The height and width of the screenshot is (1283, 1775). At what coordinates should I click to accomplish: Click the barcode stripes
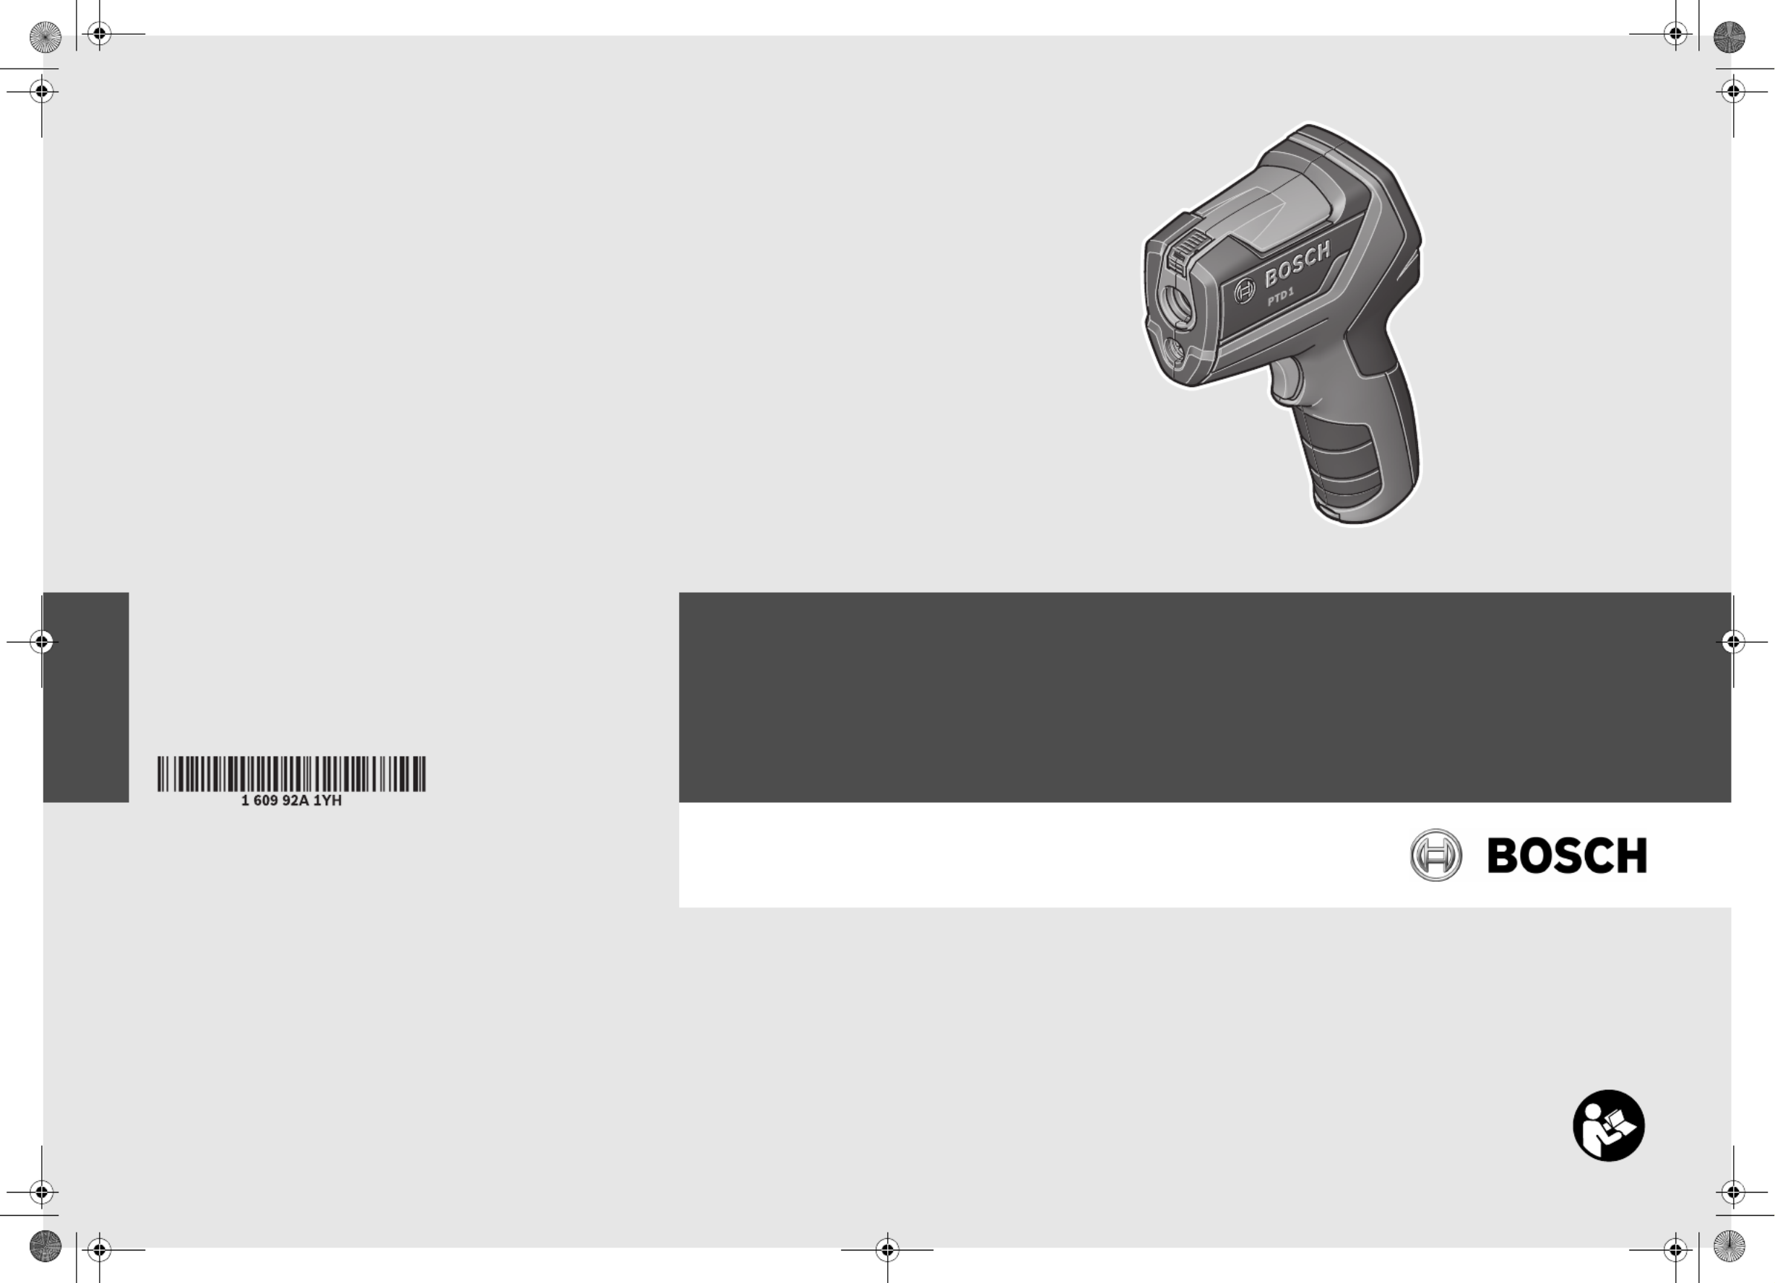tap(291, 774)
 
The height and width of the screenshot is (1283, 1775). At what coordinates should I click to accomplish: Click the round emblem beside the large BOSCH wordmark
tap(1435, 855)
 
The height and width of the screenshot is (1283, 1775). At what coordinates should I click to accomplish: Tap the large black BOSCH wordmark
tap(1567, 855)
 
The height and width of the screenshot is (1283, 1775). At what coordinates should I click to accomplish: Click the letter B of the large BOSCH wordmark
tap(1502, 855)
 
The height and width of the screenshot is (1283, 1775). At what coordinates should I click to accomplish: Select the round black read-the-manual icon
tap(1608, 1125)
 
